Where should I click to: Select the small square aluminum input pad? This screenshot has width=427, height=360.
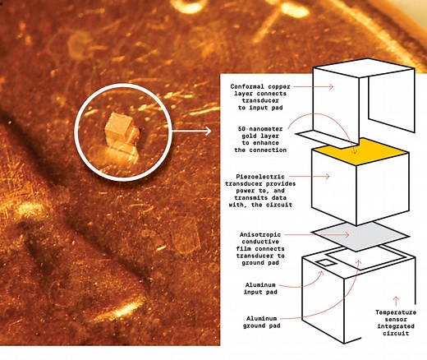click(x=326, y=262)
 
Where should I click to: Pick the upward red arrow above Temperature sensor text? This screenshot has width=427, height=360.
click(x=397, y=299)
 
